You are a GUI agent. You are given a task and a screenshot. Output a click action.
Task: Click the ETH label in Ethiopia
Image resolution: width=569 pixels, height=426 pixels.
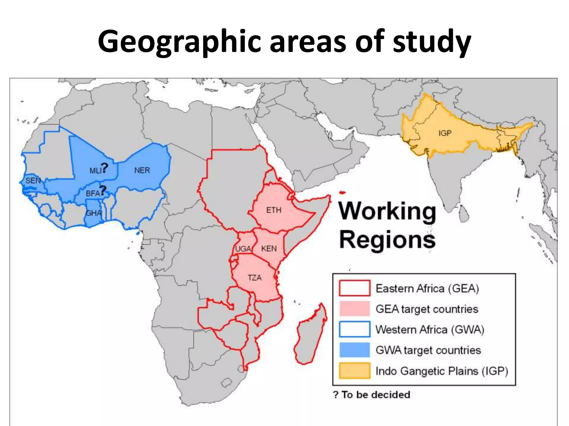pos(274,210)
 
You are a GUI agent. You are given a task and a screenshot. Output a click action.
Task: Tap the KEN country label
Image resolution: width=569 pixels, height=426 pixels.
pos(269,248)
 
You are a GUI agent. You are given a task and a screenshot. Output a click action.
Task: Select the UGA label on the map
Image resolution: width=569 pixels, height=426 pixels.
pos(243,249)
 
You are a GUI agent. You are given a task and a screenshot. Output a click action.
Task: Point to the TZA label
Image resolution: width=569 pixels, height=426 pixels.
pos(254,278)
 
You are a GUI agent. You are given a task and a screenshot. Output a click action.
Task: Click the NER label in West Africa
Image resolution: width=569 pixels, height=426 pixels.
pos(142,170)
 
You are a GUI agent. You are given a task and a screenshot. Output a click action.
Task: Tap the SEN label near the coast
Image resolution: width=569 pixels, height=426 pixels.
pos(33,181)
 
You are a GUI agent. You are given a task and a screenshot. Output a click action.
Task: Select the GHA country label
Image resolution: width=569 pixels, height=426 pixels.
pos(94,213)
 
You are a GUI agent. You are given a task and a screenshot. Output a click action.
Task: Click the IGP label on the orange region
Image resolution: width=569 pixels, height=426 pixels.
pos(445,133)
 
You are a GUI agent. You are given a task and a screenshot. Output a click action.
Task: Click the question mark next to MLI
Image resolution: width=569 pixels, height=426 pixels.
pos(104,168)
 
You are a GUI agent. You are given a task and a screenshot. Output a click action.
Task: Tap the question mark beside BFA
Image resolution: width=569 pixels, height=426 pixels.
pos(103,190)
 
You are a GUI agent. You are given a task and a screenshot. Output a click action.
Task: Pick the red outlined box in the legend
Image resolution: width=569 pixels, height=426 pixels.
pos(354,288)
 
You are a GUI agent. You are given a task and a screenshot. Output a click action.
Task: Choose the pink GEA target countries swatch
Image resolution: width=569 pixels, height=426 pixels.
pos(354,309)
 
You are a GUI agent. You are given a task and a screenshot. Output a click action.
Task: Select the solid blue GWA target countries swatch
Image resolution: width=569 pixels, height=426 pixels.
pos(354,350)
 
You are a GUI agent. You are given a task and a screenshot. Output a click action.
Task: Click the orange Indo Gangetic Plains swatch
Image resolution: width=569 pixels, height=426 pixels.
pos(354,371)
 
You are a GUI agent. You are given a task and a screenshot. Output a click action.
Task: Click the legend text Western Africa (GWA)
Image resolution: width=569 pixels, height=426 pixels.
pos(430,329)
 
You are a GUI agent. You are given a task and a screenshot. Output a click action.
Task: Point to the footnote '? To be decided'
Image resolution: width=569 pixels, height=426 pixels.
pos(371,394)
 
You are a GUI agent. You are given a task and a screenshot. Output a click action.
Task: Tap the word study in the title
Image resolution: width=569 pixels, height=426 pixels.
pos(432,42)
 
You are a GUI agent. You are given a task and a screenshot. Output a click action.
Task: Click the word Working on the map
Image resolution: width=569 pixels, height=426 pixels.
pos(387,211)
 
